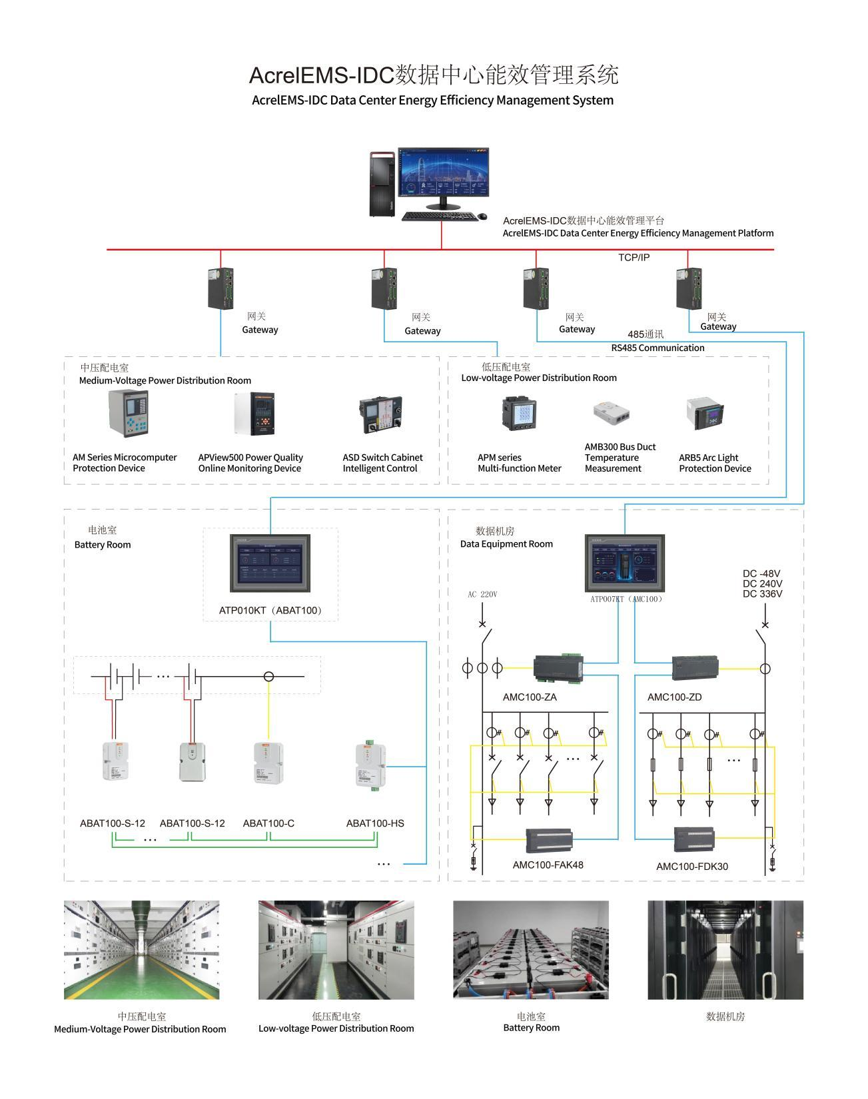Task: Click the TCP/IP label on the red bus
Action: click(634, 258)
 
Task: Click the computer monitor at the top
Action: click(443, 173)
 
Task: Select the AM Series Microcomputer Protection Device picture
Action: click(128, 414)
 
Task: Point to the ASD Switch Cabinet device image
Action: click(380, 415)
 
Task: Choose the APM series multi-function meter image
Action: click(520, 413)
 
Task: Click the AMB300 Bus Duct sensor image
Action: click(612, 414)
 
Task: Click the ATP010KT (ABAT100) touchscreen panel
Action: click(270, 563)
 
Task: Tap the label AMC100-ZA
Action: click(530, 697)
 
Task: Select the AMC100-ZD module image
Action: click(695, 667)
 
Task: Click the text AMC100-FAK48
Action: click(548, 865)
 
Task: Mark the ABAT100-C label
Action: click(268, 823)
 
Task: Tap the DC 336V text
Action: click(762, 594)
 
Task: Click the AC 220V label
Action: click(482, 594)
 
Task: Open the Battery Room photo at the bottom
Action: click(531, 950)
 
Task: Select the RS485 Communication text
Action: click(657, 348)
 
